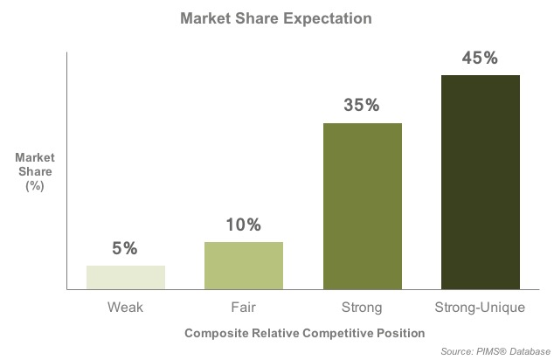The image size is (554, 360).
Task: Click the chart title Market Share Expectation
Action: (x=276, y=18)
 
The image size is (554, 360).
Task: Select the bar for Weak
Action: (x=126, y=277)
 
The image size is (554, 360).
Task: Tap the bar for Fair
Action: (x=244, y=266)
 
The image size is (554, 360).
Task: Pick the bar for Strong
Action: (x=363, y=206)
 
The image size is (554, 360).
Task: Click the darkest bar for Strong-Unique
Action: (x=481, y=183)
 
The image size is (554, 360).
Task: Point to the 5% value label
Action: (x=125, y=248)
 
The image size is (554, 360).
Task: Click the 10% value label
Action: (x=244, y=225)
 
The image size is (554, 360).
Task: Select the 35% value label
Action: (x=362, y=105)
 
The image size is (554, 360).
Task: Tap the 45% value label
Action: (x=480, y=58)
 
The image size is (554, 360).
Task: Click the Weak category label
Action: (x=126, y=307)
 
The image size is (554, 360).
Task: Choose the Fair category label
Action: (x=244, y=307)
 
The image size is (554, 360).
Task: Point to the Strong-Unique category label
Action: (x=480, y=308)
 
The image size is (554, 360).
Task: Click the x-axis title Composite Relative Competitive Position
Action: (x=305, y=333)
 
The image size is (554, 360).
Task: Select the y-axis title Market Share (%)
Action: (x=35, y=171)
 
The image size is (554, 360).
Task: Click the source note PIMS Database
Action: (x=495, y=351)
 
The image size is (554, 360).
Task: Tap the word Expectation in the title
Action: (x=328, y=18)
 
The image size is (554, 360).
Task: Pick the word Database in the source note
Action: (x=530, y=351)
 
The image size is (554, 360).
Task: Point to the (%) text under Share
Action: (x=35, y=186)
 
